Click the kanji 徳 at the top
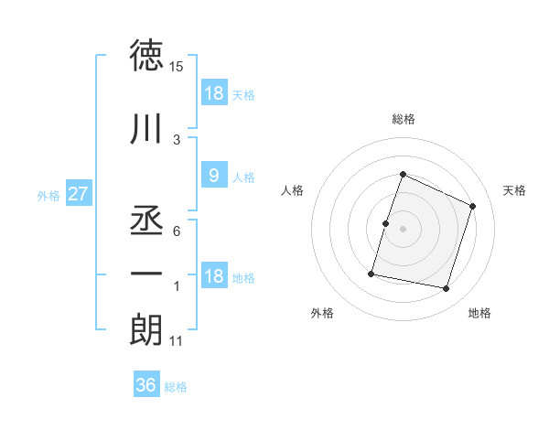point(146,57)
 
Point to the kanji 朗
point(146,329)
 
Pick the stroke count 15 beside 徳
point(177,67)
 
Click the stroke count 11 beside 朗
point(177,341)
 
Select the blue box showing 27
point(78,194)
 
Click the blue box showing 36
point(145,385)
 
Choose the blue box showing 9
point(213,176)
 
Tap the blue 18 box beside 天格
point(213,93)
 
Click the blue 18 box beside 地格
point(213,276)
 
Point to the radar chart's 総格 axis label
point(403,119)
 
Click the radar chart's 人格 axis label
point(293,190)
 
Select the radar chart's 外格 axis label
point(322,313)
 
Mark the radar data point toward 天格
point(473,206)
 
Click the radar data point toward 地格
point(447,289)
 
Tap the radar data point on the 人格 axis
point(385,223)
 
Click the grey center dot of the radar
point(403,229)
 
